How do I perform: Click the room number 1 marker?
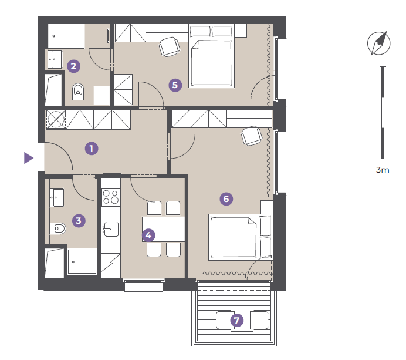[92, 149]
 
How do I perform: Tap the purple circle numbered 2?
[73, 66]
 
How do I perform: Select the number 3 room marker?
[79, 221]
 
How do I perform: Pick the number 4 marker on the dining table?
[148, 235]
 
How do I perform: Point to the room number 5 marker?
[175, 85]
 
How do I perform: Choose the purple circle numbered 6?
[226, 199]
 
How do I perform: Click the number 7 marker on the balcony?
[237, 320]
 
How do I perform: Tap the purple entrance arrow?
[29, 158]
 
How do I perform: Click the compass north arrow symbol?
[379, 43]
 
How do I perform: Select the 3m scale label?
[383, 170]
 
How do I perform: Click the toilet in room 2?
[78, 92]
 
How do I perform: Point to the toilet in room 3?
[57, 228]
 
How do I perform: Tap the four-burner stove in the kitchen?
[111, 197]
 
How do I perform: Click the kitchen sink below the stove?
[111, 230]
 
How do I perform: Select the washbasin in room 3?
[56, 197]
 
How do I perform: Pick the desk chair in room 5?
[170, 47]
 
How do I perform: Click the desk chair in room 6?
[252, 136]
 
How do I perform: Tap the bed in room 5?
[212, 56]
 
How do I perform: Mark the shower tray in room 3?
[82, 261]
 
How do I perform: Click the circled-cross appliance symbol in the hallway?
[56, 119]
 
